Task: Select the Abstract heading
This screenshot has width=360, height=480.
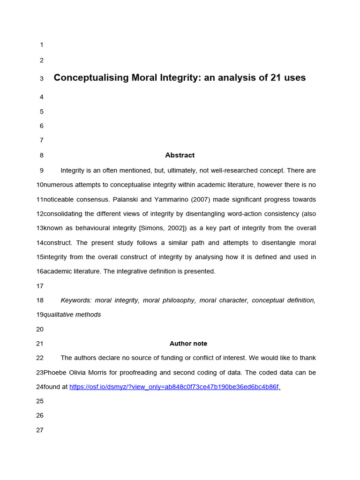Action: (180, 155)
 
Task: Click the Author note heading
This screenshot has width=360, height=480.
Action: (188, 344)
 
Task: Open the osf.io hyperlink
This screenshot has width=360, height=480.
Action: (174, 387)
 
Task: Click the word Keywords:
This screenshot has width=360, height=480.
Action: (75, 300)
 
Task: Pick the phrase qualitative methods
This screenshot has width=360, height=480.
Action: (72, 315)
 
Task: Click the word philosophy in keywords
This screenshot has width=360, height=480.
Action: (179, 300)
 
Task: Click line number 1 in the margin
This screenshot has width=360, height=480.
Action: (42, 45)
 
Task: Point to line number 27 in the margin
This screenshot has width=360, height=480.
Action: (39, 430)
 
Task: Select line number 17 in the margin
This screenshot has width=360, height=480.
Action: (39, 286)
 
